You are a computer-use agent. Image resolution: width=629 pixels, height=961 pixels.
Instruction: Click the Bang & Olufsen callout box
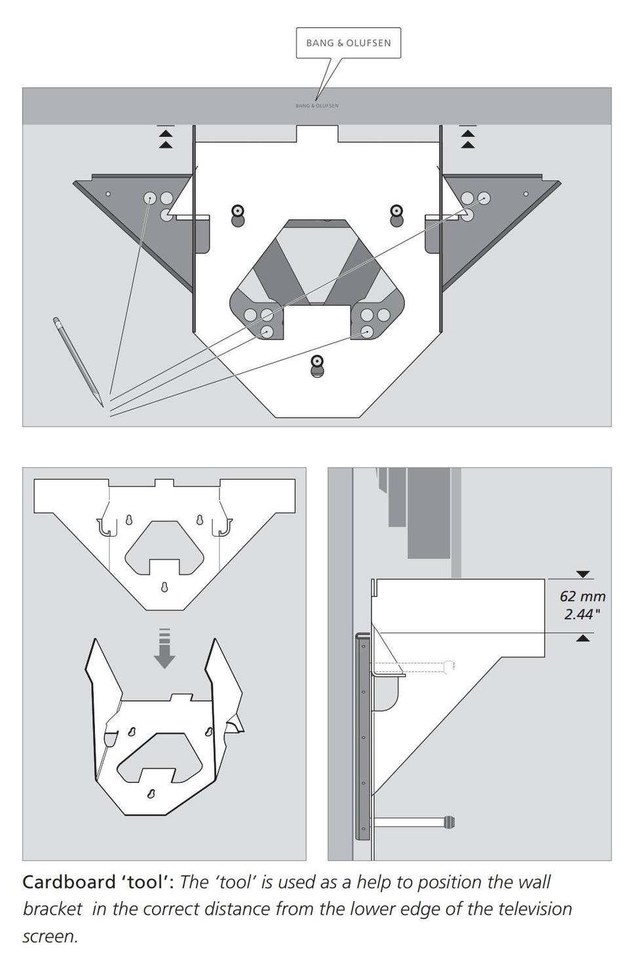click(x=348, y=43)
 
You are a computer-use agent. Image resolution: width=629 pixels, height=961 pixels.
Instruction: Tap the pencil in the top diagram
click(x=78, y=361)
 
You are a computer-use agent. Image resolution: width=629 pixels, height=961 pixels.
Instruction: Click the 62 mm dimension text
click(x=582, y=596)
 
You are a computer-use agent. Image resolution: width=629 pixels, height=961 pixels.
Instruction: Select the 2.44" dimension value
click(x=582, y=614)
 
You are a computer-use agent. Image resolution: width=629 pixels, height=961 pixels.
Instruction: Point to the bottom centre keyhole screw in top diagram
click(x=317, y=366)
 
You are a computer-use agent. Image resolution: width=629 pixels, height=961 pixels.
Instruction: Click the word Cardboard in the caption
click(x=69, y=882)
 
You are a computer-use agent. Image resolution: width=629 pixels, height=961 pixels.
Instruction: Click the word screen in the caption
click(x=50, y=936)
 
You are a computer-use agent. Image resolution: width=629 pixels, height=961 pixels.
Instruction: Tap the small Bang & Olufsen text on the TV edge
click(x=317, y=105)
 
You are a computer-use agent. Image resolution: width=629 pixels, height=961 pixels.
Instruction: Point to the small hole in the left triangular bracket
click(x=108, y=194)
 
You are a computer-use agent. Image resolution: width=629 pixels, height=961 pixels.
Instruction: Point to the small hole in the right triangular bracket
click(x=526, y=194)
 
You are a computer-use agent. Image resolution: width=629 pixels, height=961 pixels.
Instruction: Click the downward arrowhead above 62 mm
click(x=583, y=575)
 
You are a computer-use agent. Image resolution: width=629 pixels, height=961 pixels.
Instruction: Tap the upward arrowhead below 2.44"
click(x=582, y=639)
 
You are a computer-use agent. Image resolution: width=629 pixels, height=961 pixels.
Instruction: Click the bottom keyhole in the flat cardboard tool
click(x=164, y=587)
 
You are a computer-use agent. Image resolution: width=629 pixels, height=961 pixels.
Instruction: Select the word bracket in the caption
click(x=52, y=909)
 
